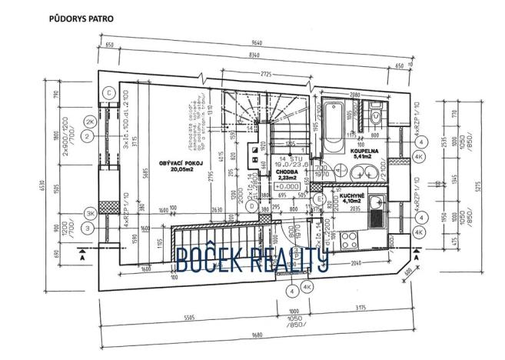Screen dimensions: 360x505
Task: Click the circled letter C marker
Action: click(x=109, y=93)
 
